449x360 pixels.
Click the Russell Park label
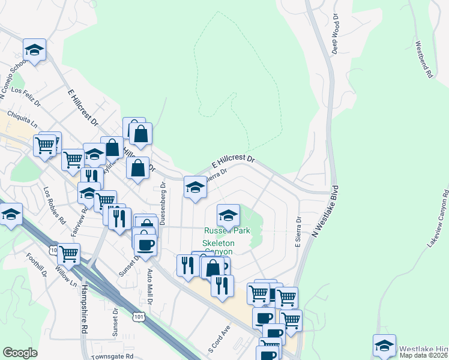227,230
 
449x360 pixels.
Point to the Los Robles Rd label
54,204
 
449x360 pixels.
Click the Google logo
20,353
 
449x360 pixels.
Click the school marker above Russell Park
228,214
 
